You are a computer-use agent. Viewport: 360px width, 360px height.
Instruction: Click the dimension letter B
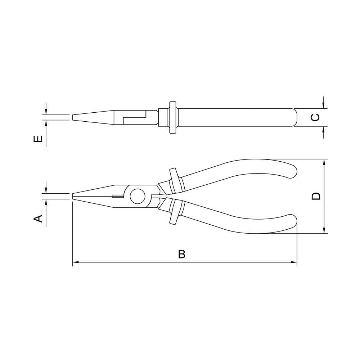(181, 254)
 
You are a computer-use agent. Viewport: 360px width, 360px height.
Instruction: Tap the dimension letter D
(316, 196)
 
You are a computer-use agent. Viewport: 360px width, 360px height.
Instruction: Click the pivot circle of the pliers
(138, 196)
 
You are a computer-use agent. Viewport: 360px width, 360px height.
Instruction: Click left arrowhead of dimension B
(76, 262)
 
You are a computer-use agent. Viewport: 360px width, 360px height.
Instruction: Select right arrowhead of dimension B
(294, 262)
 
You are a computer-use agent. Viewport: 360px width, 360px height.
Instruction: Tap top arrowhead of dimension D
(324, 162)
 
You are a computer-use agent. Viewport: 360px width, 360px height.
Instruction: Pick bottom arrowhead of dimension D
(324, 230)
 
